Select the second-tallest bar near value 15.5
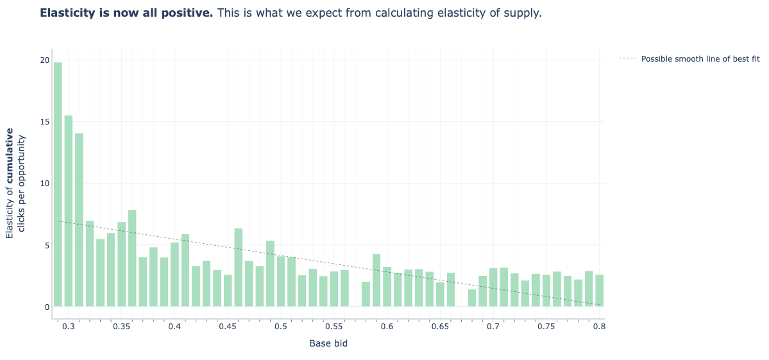coord(69,211)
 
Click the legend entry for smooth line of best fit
coord(700,59)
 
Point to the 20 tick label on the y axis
coord(44,60)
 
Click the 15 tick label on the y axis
coord(44,122)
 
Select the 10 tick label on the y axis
coord(44,184)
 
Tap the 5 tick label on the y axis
coord(46,245)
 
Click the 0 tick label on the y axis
coord(46,307)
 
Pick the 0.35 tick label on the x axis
coord(121,327)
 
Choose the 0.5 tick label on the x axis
coord(281,327)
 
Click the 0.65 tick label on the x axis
coord(440,327)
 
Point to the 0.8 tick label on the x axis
coord(599,327)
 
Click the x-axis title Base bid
coord(328,343)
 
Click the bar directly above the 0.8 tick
coord(599,291)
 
